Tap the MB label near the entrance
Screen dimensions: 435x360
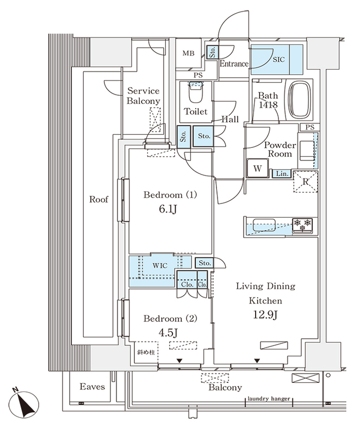pos(188,53)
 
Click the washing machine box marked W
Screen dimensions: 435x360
pos(257,169)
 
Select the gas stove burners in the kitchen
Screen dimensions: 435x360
pos(303,223)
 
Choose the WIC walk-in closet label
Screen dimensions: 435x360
pos(160,265)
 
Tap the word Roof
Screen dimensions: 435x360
pos(98,200)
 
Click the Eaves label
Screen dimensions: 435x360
pos(92,387)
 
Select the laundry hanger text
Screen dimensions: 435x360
pos(269,399)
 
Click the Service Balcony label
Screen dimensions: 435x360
pos(144,96)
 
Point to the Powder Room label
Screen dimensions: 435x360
pos(280,150)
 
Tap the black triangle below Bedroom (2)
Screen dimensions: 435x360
pos(179,361)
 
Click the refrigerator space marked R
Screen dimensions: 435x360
pos(306,181)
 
